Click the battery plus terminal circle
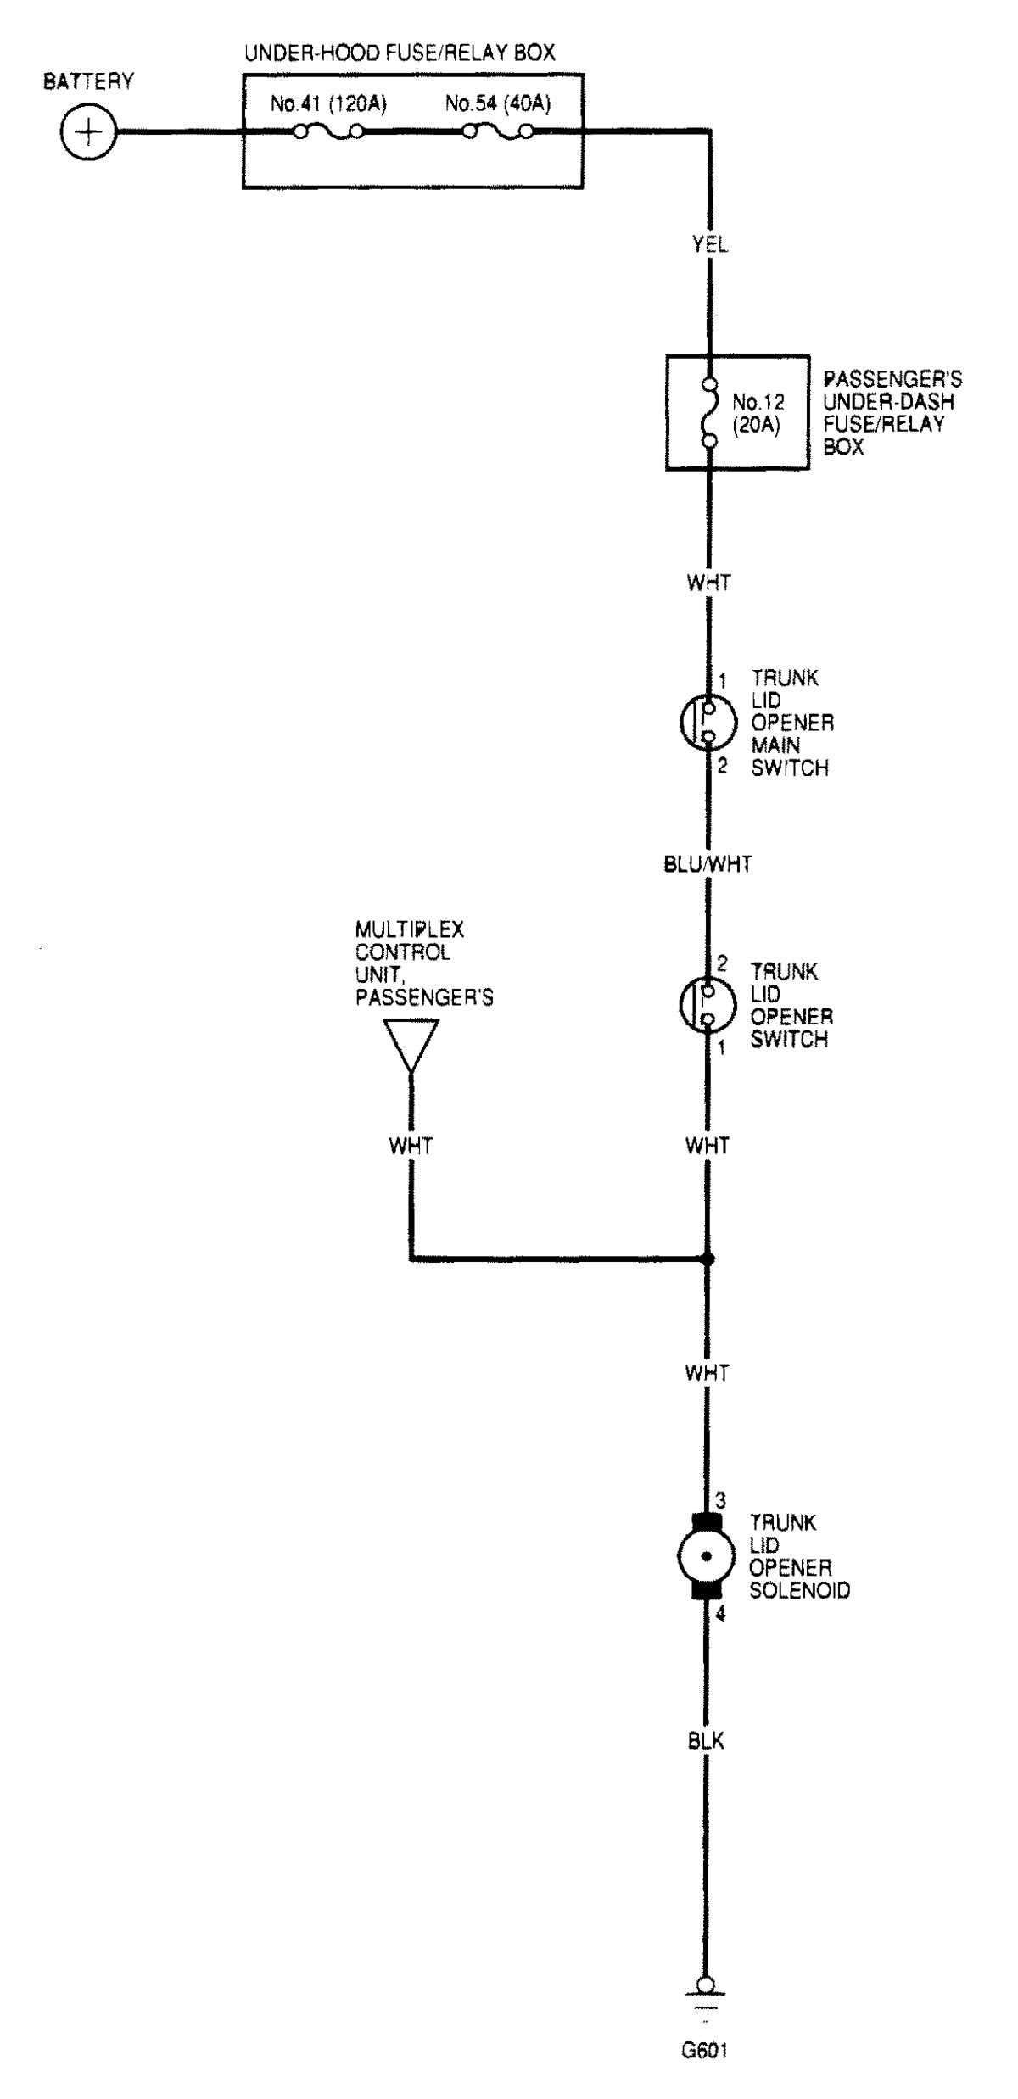(89, 132)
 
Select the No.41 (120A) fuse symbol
(328, 132)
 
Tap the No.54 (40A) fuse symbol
(498, 132)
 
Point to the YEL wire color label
(709, 245)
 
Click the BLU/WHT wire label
(708, 864)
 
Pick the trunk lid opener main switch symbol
(702, 722)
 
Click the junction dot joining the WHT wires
(707, 1259)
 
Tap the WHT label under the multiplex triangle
(411, 1147)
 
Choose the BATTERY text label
(89, 81)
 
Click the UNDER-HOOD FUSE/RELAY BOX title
(400, 53)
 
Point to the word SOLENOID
(800, 1590)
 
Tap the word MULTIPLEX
(410, 930)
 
